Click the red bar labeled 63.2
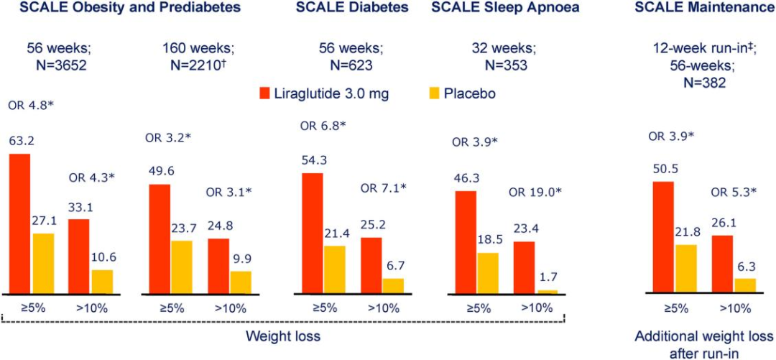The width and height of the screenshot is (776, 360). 19,223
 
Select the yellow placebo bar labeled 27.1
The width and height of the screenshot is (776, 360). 43,263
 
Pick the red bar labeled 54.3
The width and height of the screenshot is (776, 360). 313,233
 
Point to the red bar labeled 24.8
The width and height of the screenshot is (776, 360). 219,266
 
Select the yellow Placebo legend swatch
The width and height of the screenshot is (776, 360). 433,94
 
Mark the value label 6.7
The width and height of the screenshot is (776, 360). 393,265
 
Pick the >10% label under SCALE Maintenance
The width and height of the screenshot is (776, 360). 734,308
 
